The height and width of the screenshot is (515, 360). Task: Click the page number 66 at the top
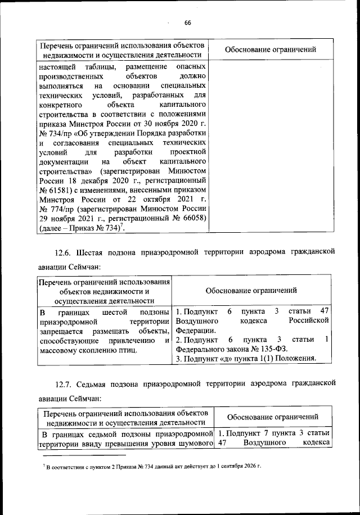point(188,22)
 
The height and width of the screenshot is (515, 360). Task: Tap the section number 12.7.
point(65,383)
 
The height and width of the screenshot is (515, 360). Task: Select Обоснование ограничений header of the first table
point(270,49)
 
